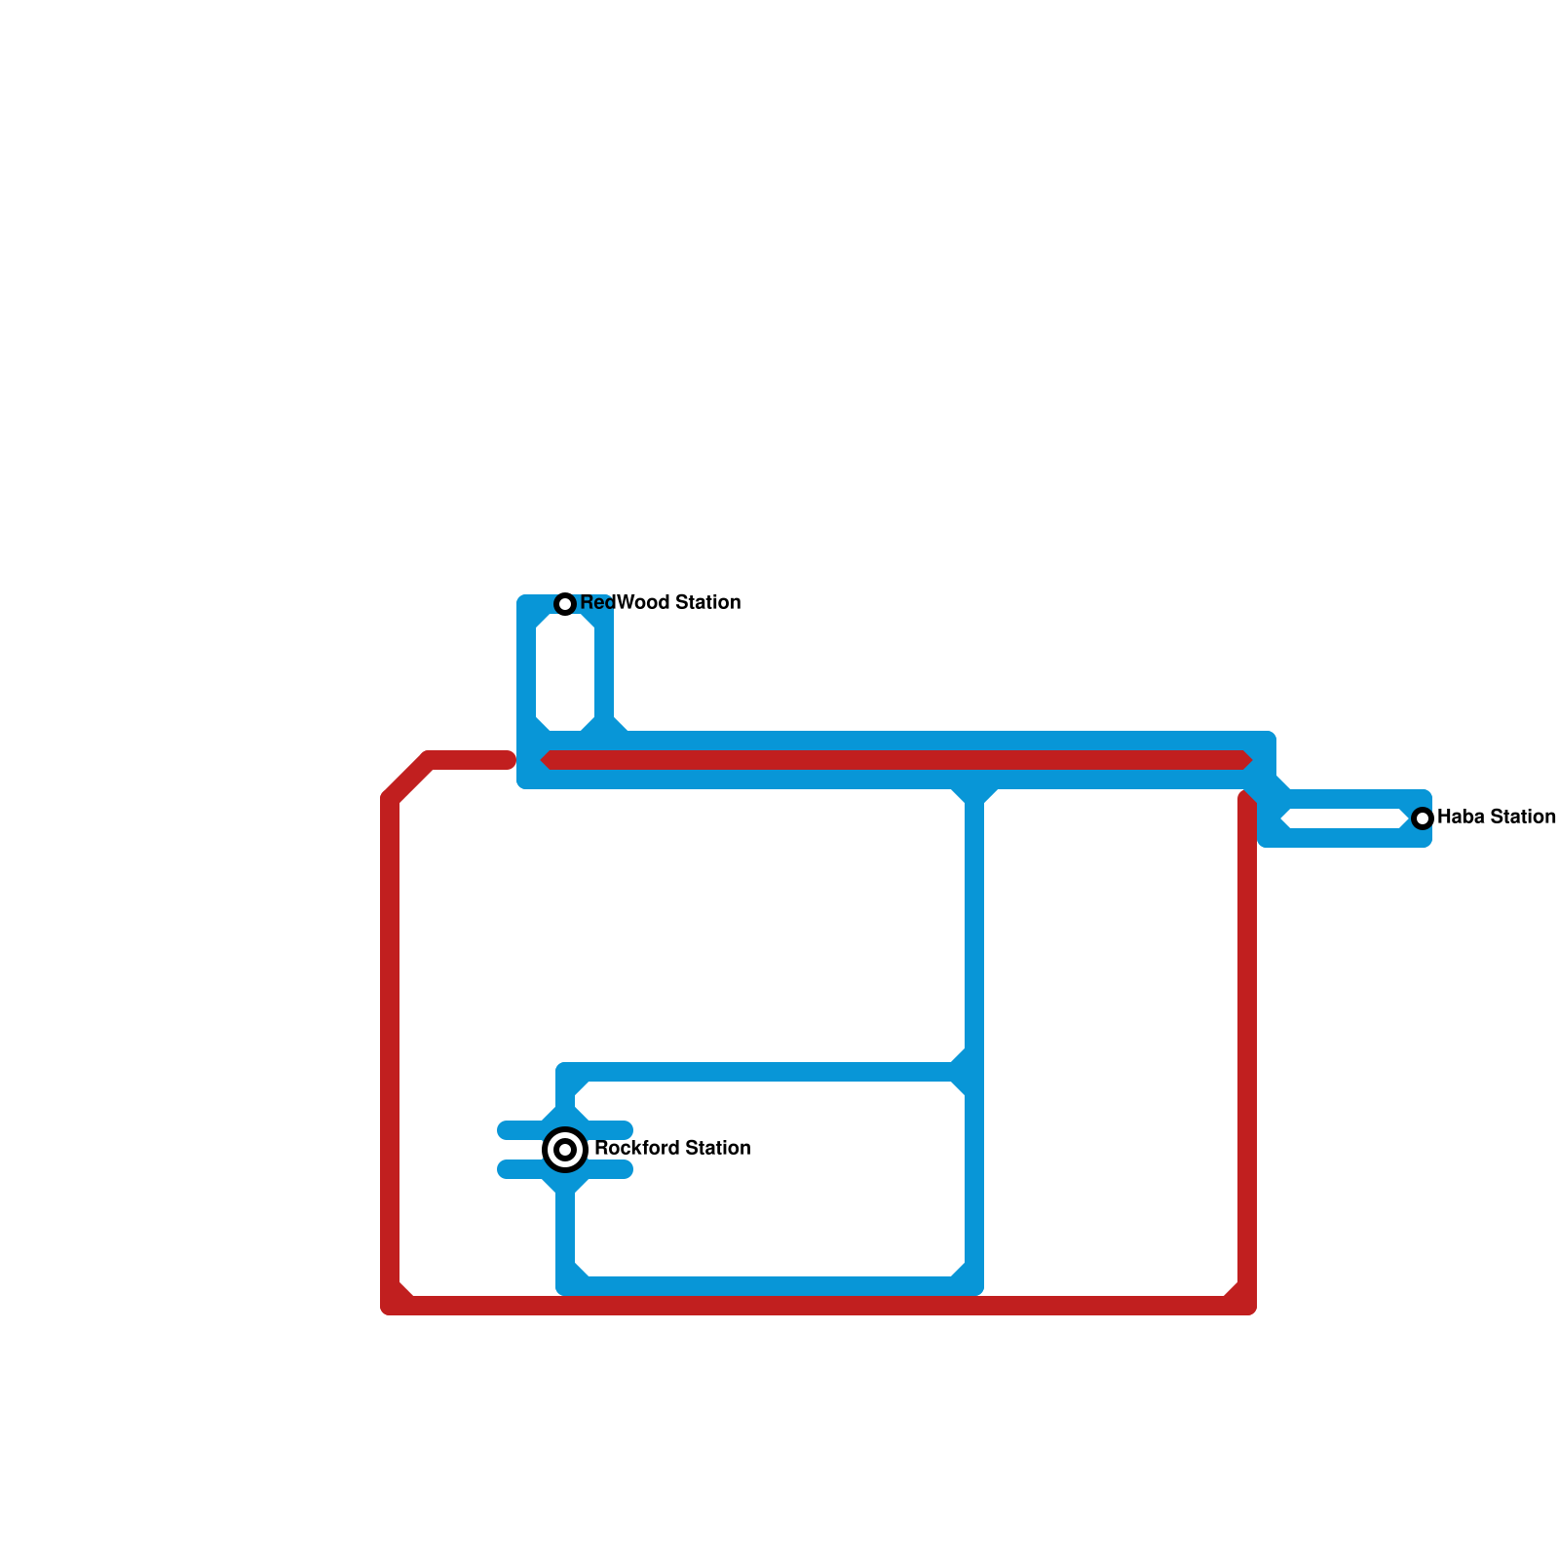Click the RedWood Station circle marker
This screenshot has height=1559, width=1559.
565,604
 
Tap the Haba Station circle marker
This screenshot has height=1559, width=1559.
1423,818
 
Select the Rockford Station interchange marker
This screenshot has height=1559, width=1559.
565,1150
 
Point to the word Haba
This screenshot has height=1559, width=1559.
1460,818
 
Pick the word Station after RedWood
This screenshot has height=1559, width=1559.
707,603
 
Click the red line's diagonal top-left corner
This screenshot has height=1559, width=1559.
408,779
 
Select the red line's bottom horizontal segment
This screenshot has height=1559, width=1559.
818,1306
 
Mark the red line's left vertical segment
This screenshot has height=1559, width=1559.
390,1052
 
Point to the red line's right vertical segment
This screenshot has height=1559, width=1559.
1247,1052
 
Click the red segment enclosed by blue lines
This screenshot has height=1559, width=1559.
896,760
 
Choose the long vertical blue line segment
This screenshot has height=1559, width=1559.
974,935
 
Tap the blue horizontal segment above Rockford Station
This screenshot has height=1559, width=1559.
760,1072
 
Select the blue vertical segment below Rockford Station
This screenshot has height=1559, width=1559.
565,1233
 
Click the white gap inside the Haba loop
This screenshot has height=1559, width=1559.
1345,818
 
